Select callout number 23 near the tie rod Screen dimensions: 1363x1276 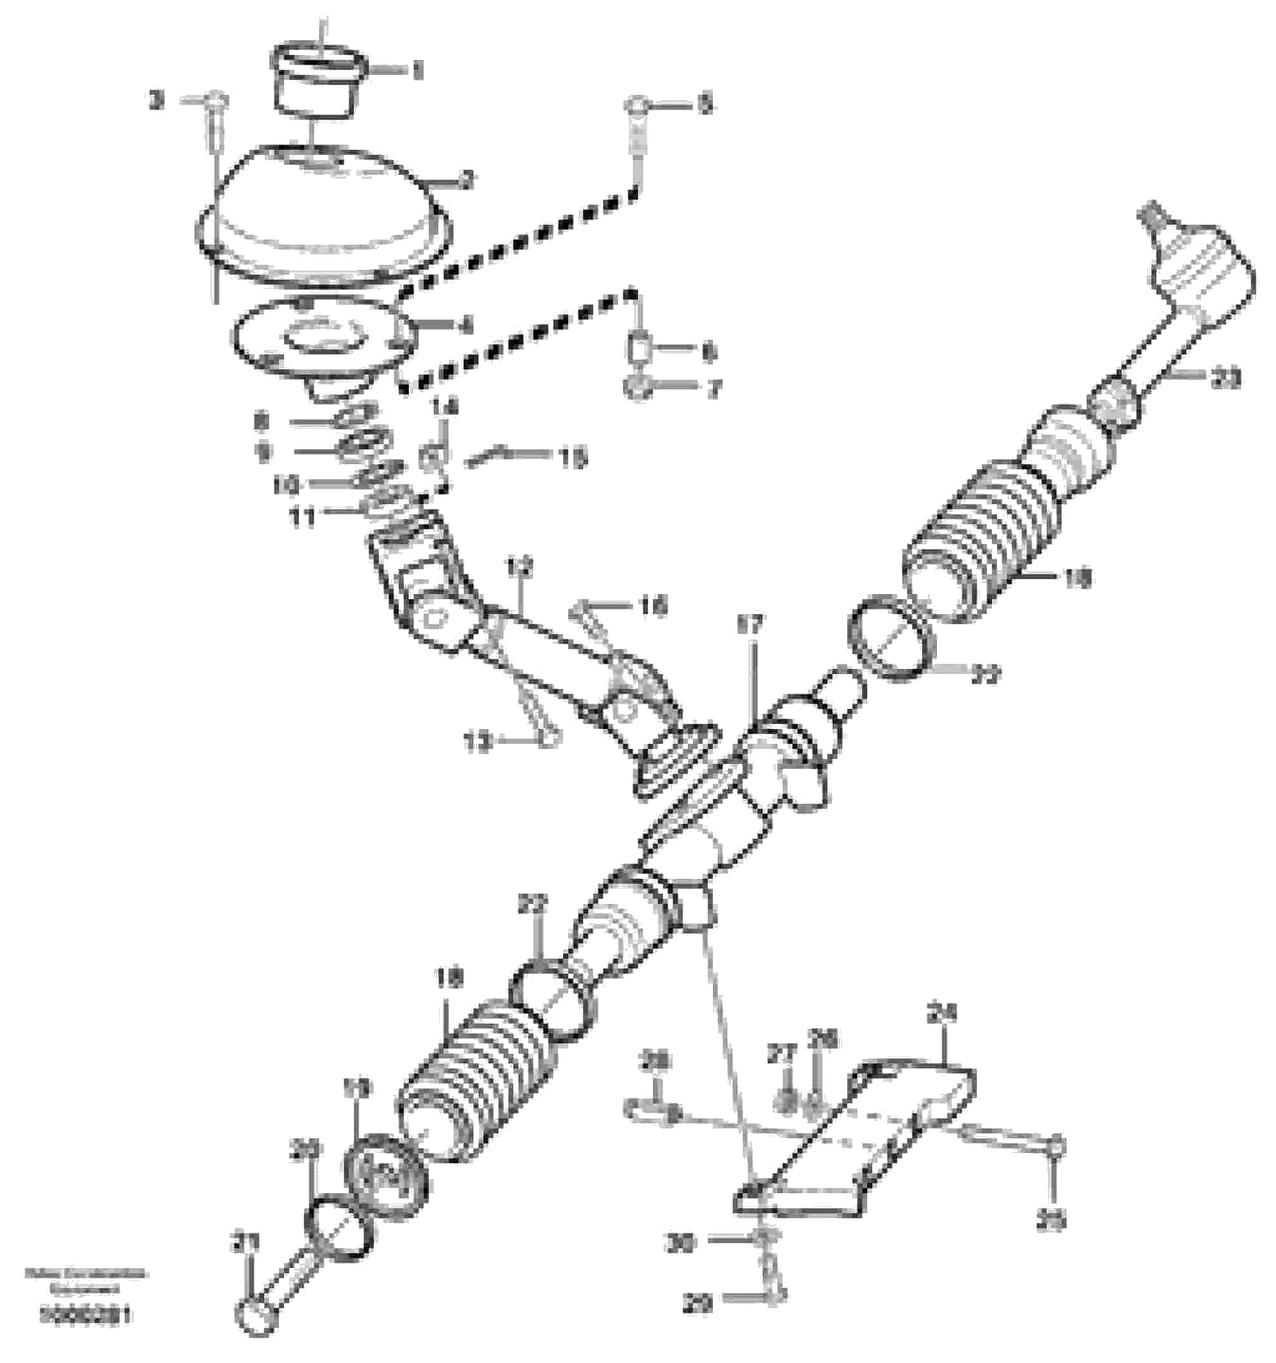[x=1224, y=378]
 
